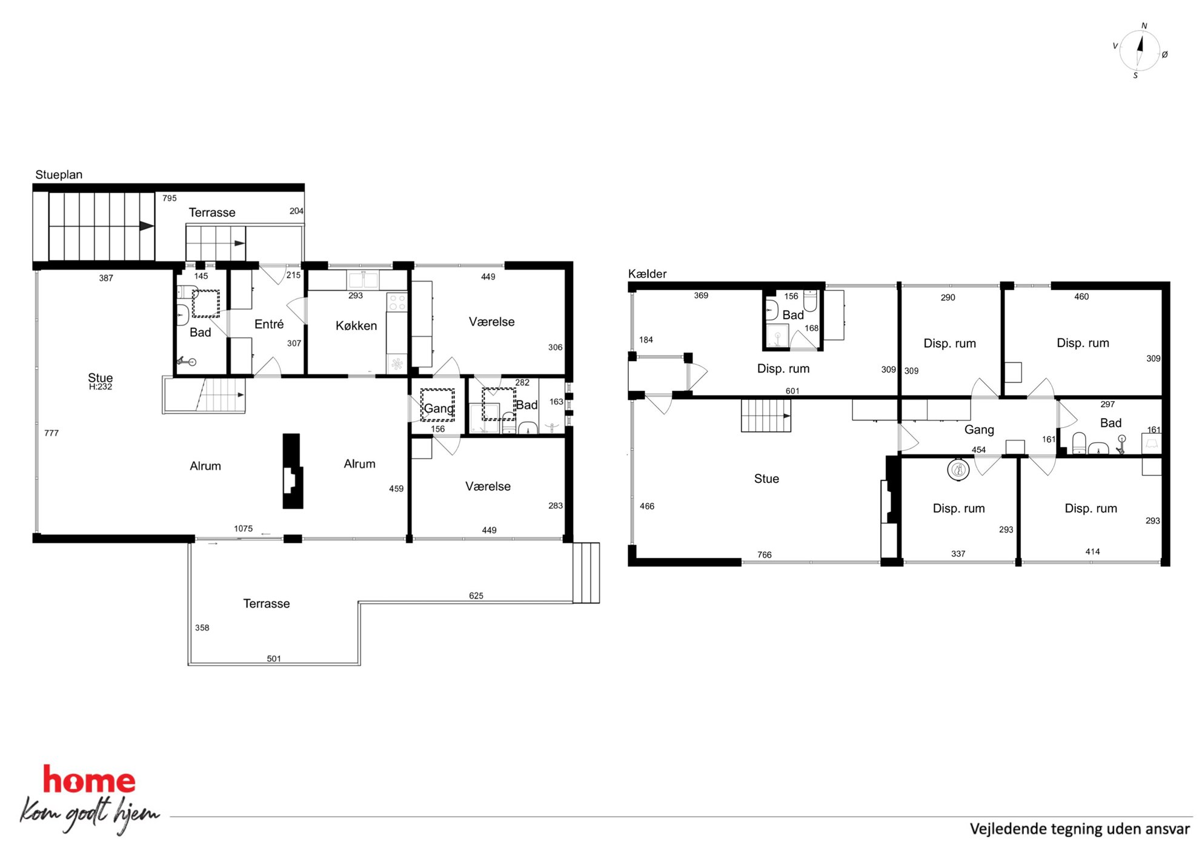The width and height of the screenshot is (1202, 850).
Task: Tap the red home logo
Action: [89, 780]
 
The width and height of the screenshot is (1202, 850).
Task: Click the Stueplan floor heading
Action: [59, 174]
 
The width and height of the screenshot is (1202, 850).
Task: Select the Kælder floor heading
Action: [647, 273]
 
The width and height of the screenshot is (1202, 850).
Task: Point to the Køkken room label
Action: [356, 325]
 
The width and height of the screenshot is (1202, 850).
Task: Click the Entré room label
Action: [269, 324]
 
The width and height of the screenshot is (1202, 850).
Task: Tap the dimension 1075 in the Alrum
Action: [244, 528]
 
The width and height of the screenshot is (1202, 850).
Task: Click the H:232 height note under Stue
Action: [101, 387]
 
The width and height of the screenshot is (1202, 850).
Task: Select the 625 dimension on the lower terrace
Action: [476, 596]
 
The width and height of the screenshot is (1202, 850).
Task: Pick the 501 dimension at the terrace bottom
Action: [274, 659]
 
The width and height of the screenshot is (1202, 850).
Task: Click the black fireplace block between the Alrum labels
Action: [293, 471]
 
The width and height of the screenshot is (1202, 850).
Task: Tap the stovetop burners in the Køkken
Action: [397, 302]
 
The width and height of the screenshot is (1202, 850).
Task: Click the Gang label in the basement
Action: [979, 430]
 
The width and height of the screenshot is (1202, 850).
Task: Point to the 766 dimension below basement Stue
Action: [765, 554]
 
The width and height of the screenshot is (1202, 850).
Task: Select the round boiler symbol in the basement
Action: [958, 469]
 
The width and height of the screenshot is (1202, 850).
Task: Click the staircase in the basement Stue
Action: [766, 416]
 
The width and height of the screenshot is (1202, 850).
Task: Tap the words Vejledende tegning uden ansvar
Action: [1080, 828]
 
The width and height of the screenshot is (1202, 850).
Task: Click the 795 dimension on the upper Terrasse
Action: [170, 198]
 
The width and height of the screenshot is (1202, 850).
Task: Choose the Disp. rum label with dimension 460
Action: [1083, 343]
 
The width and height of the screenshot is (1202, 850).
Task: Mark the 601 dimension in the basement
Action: [792, 391]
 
